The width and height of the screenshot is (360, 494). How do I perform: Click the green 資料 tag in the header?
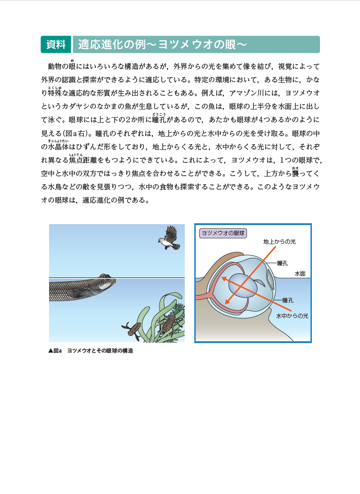click(x=56, y=44)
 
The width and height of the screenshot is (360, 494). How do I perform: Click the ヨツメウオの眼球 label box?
click(x=222, y=233)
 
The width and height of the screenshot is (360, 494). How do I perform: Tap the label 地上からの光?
click(x=280, y=242)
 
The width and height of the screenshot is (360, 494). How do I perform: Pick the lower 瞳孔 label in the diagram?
click(x=288, y=300)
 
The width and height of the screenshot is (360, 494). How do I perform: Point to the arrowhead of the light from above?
click(x=226, y=301)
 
